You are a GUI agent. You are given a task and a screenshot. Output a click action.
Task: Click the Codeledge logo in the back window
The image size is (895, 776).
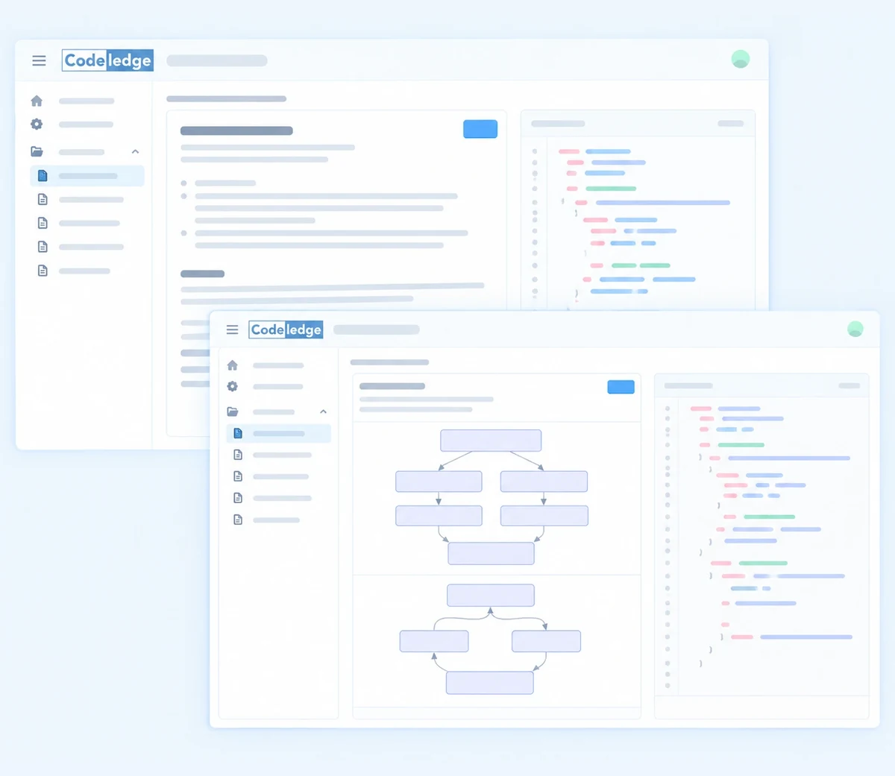click(x=107, y=60)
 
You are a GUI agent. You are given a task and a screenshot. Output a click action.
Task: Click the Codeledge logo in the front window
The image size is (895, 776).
click(x=286, y=329)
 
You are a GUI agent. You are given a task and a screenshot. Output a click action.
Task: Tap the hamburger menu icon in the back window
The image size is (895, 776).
click(x=39, y=61)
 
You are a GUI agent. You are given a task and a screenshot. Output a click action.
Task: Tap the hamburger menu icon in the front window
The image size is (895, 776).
click(x=232, y=329)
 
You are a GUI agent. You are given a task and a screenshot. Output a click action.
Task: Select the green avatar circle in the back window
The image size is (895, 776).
click(x=741, y=59)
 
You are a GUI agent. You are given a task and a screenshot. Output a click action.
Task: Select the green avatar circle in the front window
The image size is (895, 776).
click(x=855, y=329)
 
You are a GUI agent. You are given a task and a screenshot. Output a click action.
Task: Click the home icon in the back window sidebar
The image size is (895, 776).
click(x=37, y=101)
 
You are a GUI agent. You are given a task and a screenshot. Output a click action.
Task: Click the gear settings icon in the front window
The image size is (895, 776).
click(x=232, y=386)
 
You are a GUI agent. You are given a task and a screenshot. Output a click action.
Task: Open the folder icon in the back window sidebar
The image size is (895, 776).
click(x=37, y=152)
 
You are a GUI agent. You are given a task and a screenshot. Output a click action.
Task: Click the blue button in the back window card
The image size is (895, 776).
click(x=480, y=129)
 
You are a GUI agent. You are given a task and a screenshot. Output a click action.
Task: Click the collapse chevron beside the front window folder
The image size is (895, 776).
click(x=323, y=411)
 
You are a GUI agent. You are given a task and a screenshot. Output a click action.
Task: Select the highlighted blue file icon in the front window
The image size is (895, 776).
click(x=238, y=433)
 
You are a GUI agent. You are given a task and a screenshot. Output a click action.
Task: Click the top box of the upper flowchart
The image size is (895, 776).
click(x=491, y=441)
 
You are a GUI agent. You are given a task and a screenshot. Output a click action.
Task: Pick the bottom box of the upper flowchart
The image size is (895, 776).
click(x=491, y=553)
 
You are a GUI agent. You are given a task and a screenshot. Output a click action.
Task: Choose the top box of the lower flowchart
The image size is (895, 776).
click(x=490, y=595)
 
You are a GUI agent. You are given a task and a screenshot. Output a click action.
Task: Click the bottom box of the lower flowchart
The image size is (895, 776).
click(x=489, y=683)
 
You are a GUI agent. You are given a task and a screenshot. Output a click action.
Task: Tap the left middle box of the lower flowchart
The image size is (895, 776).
click(x=434, y=641)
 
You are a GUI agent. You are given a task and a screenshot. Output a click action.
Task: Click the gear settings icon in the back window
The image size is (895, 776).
click(x=37, y=124)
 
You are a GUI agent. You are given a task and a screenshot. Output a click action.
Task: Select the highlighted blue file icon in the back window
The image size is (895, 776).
click(x=43, y=176)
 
